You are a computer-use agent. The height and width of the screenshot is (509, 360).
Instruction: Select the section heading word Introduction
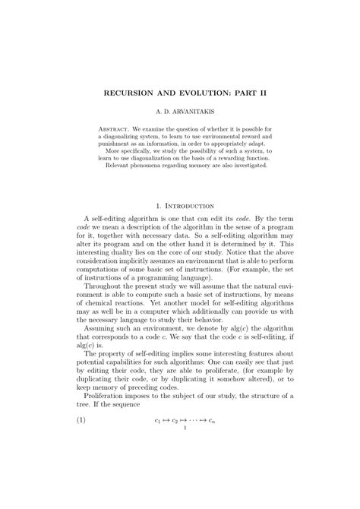pos(188,205)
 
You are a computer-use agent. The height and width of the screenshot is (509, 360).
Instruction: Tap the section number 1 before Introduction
pos(156,205)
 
